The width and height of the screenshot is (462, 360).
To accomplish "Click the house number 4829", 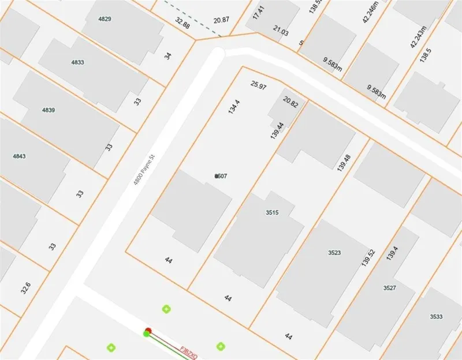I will click(105, 19).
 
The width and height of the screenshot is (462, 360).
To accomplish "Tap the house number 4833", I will click(77, 62).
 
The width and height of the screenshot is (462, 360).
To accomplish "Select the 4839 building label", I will click(49, 110).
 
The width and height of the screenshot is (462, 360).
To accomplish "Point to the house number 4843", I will click(20, 156).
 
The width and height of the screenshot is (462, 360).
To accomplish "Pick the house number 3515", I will click(272, 213).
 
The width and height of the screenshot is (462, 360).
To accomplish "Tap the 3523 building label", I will click(334, 253).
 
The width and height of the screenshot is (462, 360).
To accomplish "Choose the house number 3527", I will click(390, 287).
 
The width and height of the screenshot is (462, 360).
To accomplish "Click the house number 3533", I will click(437, 317).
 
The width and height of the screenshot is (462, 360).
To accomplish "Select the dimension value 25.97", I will click(259, 86).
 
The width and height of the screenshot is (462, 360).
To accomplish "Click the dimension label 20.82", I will click(290, 104).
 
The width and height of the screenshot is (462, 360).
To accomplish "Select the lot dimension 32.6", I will click(25, 287).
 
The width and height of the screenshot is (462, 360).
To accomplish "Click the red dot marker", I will click(147, 331).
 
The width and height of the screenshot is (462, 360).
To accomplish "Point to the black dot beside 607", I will click(217, 176).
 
